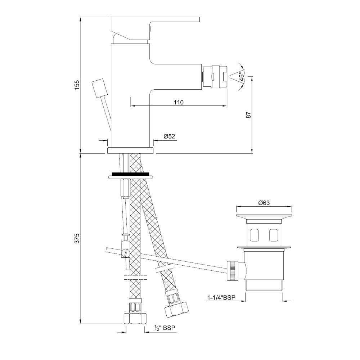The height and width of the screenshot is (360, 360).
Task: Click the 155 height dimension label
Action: click(77, 85)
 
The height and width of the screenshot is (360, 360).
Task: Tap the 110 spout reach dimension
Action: click(179, 102)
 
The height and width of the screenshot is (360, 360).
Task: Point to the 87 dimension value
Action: click(249, 114)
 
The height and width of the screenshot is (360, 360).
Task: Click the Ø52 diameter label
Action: click(169, 136)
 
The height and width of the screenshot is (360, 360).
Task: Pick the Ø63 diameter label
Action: click(264, 203)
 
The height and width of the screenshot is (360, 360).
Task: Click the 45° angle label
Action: click(242, 77)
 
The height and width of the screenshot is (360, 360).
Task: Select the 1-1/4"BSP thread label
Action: click(221, 298)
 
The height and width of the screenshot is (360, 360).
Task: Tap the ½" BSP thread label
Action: click(165, 328)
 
